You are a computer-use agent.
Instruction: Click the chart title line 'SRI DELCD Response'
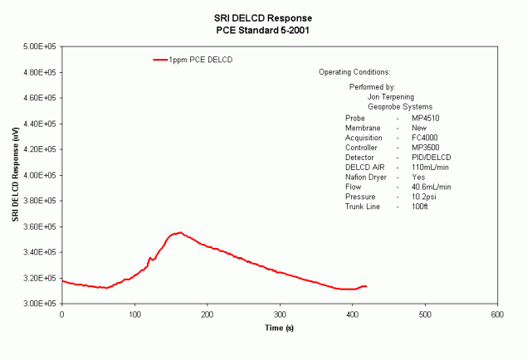click(x=262, y=17)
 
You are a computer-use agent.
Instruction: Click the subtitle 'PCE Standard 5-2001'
click(x=262, y=29)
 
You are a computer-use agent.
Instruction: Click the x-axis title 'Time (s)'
click(x=279, y=328)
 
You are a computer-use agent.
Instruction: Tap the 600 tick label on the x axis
click(x=497, y=315)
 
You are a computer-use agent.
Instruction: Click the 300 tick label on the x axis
click(x=280, y=315)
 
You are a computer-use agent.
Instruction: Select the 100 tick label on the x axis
click(x=134, y=315)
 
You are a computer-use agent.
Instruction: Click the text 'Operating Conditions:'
click(x=354, y=73)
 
